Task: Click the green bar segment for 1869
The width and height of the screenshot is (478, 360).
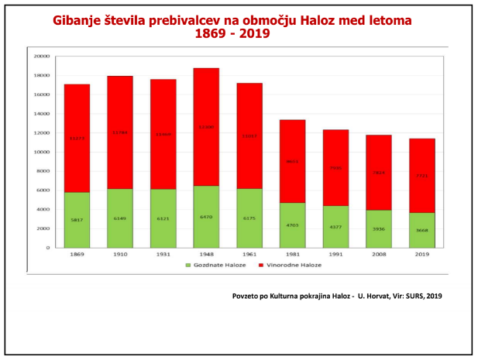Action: (77, 220)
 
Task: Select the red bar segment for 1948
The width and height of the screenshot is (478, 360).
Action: (205, 127)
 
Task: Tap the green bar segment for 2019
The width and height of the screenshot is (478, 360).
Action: (421, 230)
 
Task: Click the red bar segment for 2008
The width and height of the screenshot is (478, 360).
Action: (379, 173)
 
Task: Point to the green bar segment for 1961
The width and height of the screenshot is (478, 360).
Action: (249, 218)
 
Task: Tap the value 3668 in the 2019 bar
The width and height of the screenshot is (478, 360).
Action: (421, 229)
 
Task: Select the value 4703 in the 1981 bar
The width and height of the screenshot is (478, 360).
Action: (292, 225)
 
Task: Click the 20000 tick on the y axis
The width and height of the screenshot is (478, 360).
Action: (42, 57)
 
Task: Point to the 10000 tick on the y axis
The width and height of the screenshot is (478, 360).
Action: (42, 152)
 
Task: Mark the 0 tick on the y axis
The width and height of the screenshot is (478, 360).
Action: (48, 248)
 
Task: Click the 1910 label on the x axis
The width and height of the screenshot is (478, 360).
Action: (119, 253)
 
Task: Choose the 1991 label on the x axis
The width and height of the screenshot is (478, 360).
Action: (335, 253)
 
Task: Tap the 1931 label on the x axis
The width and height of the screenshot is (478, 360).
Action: (163, 253)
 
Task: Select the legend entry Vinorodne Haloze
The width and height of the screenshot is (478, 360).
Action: (291, 265)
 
